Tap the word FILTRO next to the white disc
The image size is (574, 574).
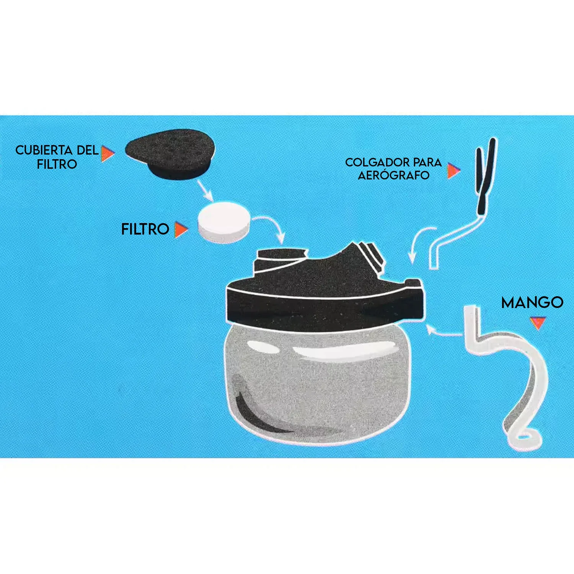point(145,229)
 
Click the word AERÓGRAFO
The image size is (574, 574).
point(393,175)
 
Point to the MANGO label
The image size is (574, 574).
point(532,303)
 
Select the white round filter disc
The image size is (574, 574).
point(224,222)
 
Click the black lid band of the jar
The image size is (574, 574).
point(325,306)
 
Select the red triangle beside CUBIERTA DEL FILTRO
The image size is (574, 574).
point(108,153)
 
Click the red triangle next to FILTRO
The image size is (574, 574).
point(181,229)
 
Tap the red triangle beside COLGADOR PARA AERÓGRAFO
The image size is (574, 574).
point(453,171)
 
